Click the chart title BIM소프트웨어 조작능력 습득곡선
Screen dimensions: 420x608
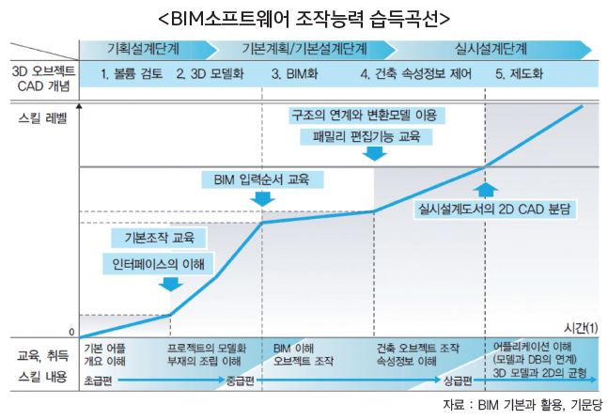(x=304, y=18)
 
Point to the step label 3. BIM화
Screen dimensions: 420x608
(x=297, y=73)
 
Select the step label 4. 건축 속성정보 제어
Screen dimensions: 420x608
(x=413, y=73)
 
